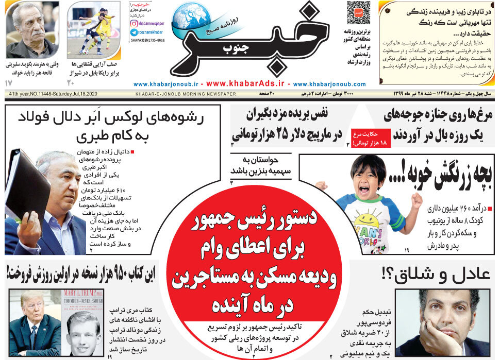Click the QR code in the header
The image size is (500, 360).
[358, 12]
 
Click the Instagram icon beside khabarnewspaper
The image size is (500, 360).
[134, 23]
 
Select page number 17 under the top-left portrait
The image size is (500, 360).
[8, 83]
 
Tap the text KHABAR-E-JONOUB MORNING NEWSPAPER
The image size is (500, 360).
[186, 94]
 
